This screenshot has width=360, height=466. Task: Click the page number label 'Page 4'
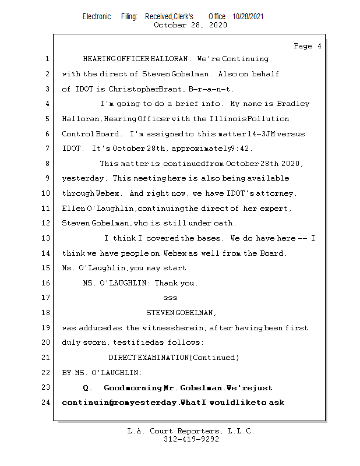click(307, 46)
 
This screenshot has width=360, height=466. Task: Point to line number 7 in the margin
click(47, 149)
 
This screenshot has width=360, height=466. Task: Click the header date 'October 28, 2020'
click(190, 25)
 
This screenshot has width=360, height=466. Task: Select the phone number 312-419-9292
click(191, 440)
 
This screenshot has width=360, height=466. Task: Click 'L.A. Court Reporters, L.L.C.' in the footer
click(191, 432)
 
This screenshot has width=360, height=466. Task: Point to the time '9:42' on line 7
click(240, 149)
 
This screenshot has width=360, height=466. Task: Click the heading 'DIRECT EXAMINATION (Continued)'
click(174, 357)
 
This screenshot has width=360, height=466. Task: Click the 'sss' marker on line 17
click(170, 298)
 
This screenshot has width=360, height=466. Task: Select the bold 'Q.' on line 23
click(89, 387)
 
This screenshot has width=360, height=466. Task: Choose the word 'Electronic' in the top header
click(97, 17)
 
